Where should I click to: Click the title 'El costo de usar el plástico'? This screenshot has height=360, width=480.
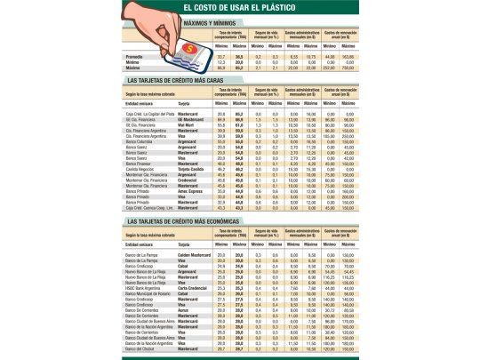[240, 7]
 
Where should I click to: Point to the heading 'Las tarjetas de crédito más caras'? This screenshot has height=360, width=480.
[175, 80]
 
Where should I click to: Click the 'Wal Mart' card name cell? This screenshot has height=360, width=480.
[187, 124]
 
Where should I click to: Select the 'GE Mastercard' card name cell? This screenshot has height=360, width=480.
[190, 119]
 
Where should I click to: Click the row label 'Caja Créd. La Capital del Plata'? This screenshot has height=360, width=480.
[150, 114]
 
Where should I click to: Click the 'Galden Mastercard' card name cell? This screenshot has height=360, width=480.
[195, 255]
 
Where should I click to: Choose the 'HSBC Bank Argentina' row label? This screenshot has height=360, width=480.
[146, 288]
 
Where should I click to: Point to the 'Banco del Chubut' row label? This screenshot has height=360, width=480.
[142, 348]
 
